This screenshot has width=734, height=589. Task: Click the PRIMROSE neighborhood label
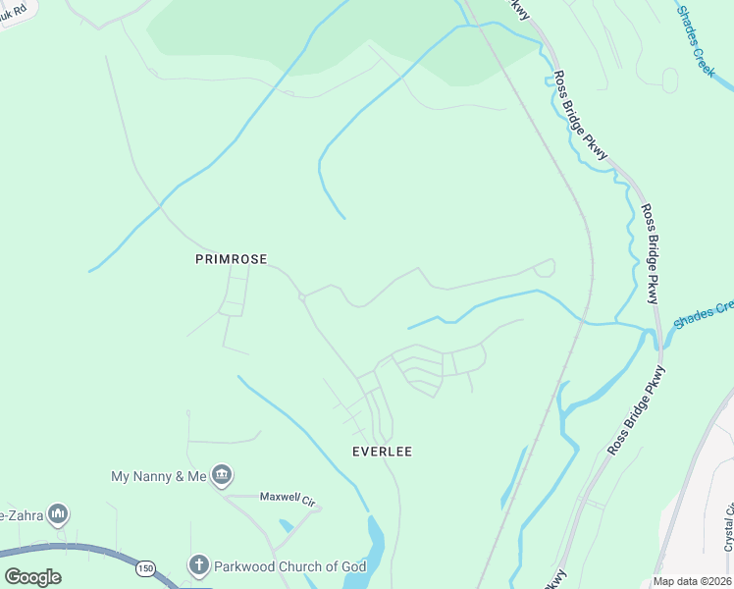(231, 259)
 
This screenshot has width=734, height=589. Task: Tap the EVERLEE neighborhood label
(382, 452)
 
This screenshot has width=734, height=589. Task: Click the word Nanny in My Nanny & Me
(159, 476)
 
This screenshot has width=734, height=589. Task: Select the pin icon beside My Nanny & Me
(222, 476)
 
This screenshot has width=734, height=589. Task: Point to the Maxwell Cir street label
(289, 498)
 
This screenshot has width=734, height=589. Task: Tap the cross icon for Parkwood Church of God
(198, 565)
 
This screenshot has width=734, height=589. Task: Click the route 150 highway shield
(146, 568)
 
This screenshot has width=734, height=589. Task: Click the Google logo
(32, 577)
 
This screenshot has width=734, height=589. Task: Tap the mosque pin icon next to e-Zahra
(58, 513)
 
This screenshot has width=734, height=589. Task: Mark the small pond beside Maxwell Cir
(286, 526)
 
